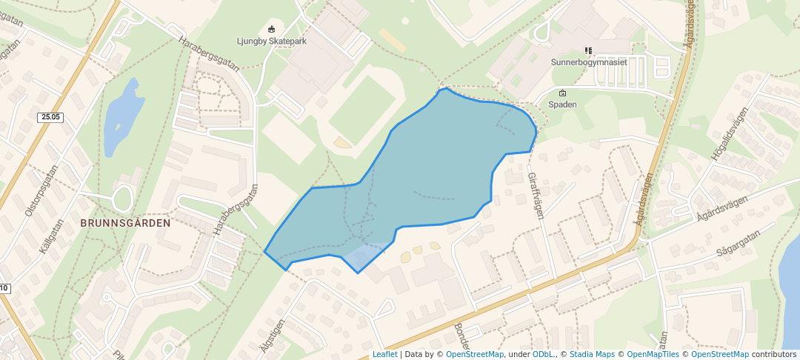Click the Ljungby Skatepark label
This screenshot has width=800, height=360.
[271, 41]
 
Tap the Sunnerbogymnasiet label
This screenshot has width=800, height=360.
[589, 62]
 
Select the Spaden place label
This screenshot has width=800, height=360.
[562, 104]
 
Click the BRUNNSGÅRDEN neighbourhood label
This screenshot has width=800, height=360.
[125, 222]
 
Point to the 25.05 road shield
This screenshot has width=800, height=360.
[51, 117]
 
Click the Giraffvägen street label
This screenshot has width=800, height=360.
[536, 196]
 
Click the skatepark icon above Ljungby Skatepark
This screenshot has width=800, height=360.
[271, 30]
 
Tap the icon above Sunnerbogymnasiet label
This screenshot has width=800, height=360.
[589, 50]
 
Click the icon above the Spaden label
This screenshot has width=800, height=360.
[562, 93]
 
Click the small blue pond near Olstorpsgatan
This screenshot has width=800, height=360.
[121, 116]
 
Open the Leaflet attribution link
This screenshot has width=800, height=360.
[384, 354]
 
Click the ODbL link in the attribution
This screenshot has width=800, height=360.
[542, 354]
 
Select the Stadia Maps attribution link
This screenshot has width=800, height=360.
[592, 354]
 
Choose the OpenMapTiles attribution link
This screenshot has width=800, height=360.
[653, 354]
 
